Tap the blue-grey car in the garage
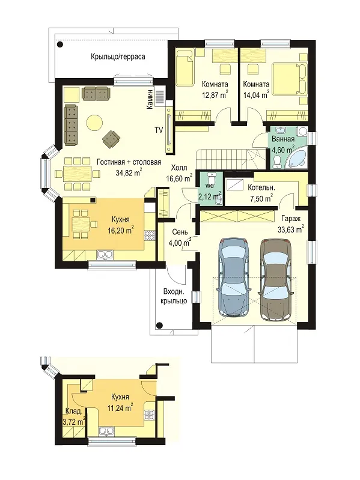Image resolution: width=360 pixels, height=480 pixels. click(x=234, y=278)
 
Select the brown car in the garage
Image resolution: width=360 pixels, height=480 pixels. click(x=275, y=280)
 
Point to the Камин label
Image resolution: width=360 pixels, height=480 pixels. click(x=150, y=99)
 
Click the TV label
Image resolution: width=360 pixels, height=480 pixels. click(x=158, y=130)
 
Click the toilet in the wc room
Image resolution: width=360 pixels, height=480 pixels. click(x=212, y=179)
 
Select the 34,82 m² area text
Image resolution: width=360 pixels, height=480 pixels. click(x=129, y=172)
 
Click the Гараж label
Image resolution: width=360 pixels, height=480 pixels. click(x=291, y=219)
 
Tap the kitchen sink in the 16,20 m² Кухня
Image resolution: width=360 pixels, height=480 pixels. click(x=105, y=254)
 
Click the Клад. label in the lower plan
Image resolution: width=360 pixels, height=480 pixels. click(x=74, y=411)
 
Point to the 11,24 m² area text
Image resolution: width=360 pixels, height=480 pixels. click(x=120, y=408)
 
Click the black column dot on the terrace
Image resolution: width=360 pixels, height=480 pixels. click(x=61, y=44)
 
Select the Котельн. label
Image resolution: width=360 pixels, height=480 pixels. click(x=261, y=187)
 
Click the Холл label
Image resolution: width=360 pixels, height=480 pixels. click(x=178, y=168)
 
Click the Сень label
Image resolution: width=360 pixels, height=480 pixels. click(x=180, y=232)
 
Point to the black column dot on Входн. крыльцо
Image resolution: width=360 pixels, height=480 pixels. click(x=159, y=325)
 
